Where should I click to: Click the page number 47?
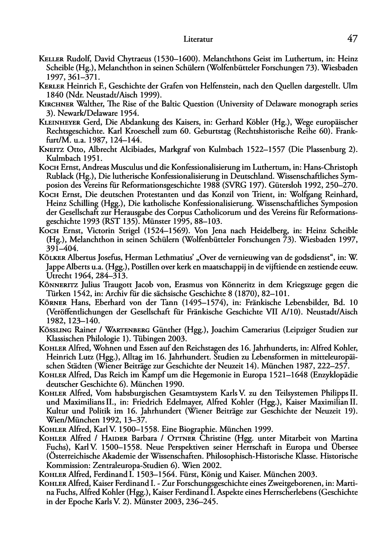tap(352, 39)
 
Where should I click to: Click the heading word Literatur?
tap(198, 40)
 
